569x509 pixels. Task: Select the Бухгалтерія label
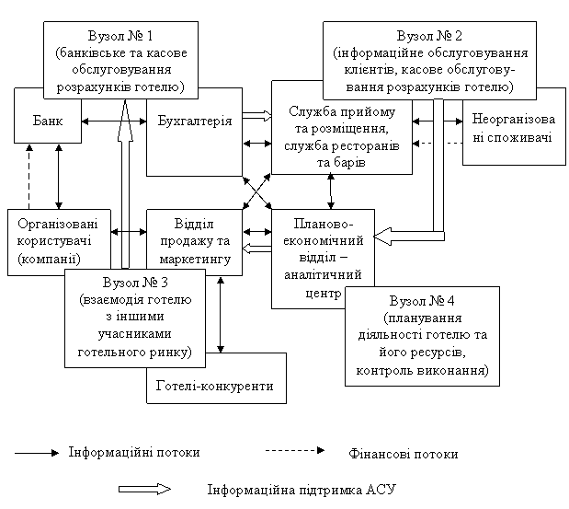[x=195, y=121]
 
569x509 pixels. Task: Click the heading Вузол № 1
[x=120, y=36]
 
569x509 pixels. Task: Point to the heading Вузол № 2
[x=429, y=36]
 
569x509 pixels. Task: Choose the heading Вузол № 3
[x=135, y=283]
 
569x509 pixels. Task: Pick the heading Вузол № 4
[x=422, y=301]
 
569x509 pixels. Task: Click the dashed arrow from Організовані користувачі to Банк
[x=29, y=177]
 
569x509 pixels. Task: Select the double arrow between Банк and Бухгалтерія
[x=114, y=121]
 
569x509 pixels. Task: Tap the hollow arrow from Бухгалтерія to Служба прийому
[x=256, y=116]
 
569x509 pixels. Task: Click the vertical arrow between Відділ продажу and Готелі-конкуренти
[x=221, y=314]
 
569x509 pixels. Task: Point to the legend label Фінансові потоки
[x=404, y=454]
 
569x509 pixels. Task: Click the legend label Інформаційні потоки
[x=134, y=452]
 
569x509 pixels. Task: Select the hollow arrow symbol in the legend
[x=144, y=489]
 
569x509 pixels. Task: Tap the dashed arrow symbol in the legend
[x=295, y=450]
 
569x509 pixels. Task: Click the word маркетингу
[x=195, y=259]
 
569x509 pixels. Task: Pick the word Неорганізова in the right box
[x=514, y=119]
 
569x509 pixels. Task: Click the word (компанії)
[x=49, y=259]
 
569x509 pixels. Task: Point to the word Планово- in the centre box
[x=323, y=223]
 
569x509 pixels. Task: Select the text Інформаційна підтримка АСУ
[x=302, y=490]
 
